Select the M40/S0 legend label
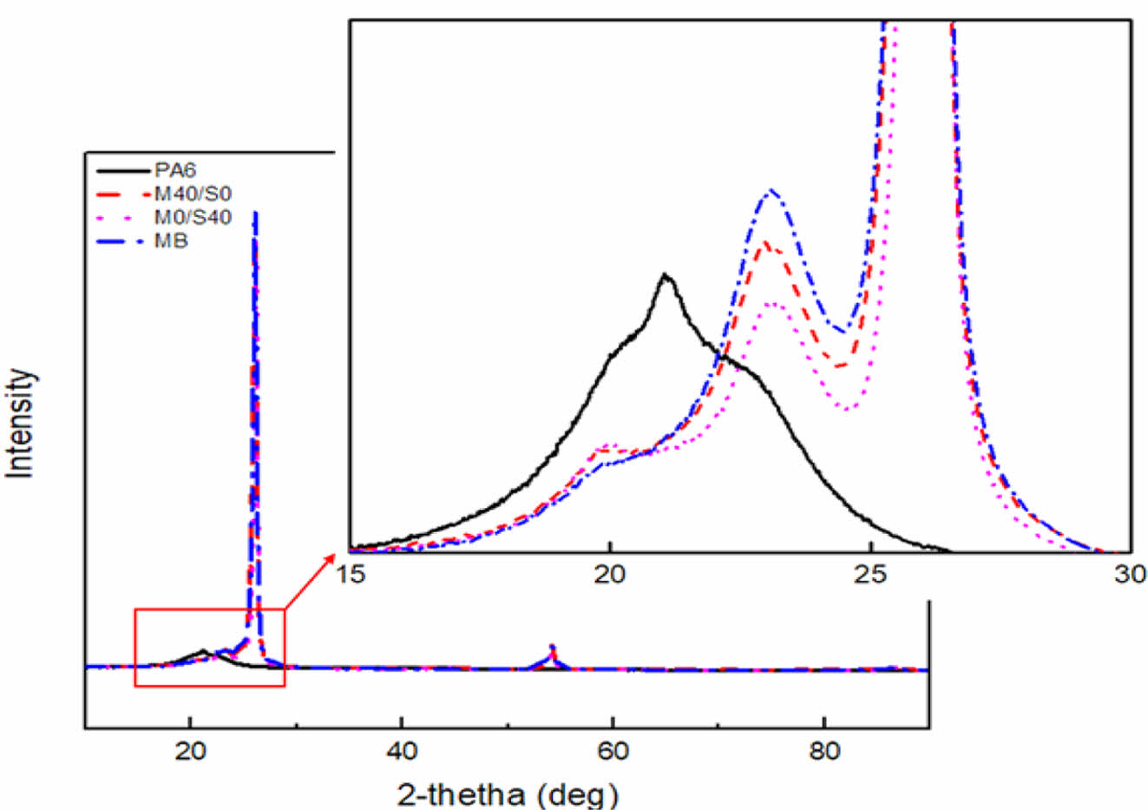point(193,193)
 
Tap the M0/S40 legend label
point(193,217)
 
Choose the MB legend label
point(171,240)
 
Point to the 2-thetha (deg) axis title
point(508,794)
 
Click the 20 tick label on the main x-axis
point(191,750)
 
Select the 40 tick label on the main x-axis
point(402,750)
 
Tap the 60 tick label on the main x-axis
point(613,750)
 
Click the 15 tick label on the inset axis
point(351,574)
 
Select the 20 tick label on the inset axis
point(610,574)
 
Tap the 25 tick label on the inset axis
point(870,574)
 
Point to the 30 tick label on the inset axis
point(1130,574)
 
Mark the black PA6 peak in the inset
point(666,276)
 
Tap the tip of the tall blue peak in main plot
point(254,212)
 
